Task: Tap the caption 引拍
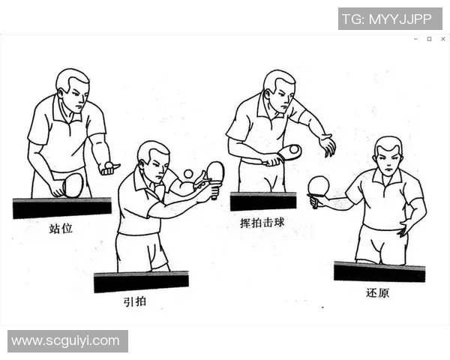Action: (x=135, y=302)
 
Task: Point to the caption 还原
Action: (x=378, y=292)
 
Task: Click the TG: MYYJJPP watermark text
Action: (x=389, y=19)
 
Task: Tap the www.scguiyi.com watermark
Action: (x=66, y=340)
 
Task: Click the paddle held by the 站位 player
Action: (x=72, y=184)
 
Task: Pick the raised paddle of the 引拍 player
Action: (x=215, y=172)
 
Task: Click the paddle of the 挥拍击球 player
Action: (x=289, y=152)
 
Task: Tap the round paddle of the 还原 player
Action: (x=319, y=185)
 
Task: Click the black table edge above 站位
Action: (x=61, y=208)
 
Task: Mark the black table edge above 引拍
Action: (x=141, y=281)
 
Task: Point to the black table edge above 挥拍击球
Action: (x=262, y=201)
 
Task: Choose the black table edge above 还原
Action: (x=379, y=271)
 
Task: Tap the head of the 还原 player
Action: (x=388, y=155)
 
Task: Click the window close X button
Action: (x=442, y=39)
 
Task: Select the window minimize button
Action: (x=415, y=39)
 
